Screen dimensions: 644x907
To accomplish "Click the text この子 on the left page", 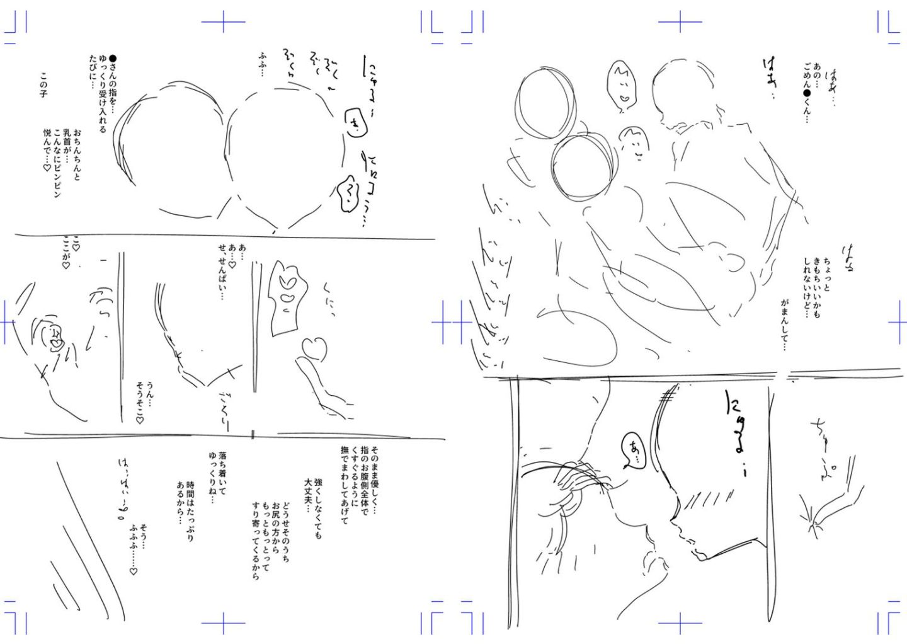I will pyautogui.click(x=43, y=84).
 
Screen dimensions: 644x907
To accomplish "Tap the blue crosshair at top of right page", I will pyautogui.click(x=680, y=22).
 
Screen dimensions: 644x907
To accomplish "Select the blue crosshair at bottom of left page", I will pyautogui.click(x=223, y=624).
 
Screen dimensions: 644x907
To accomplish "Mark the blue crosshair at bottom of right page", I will pyautogui.click(x=680, y=624).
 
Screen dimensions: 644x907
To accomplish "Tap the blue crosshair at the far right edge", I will pyautogui.click(x=898, y=323).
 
